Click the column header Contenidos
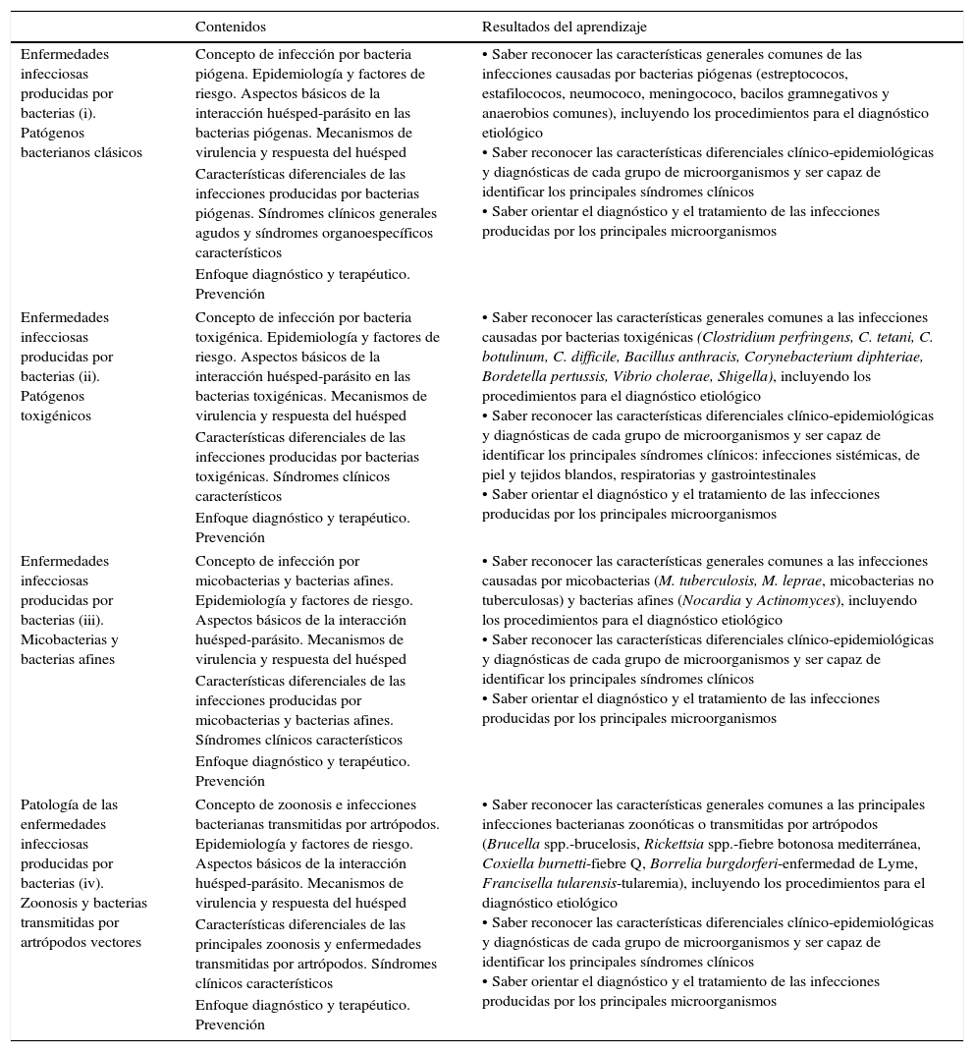tap(231, 27)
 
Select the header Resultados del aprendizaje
tap(564, 27)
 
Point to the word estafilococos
tap(522, 93)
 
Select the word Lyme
tap(900, 863)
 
